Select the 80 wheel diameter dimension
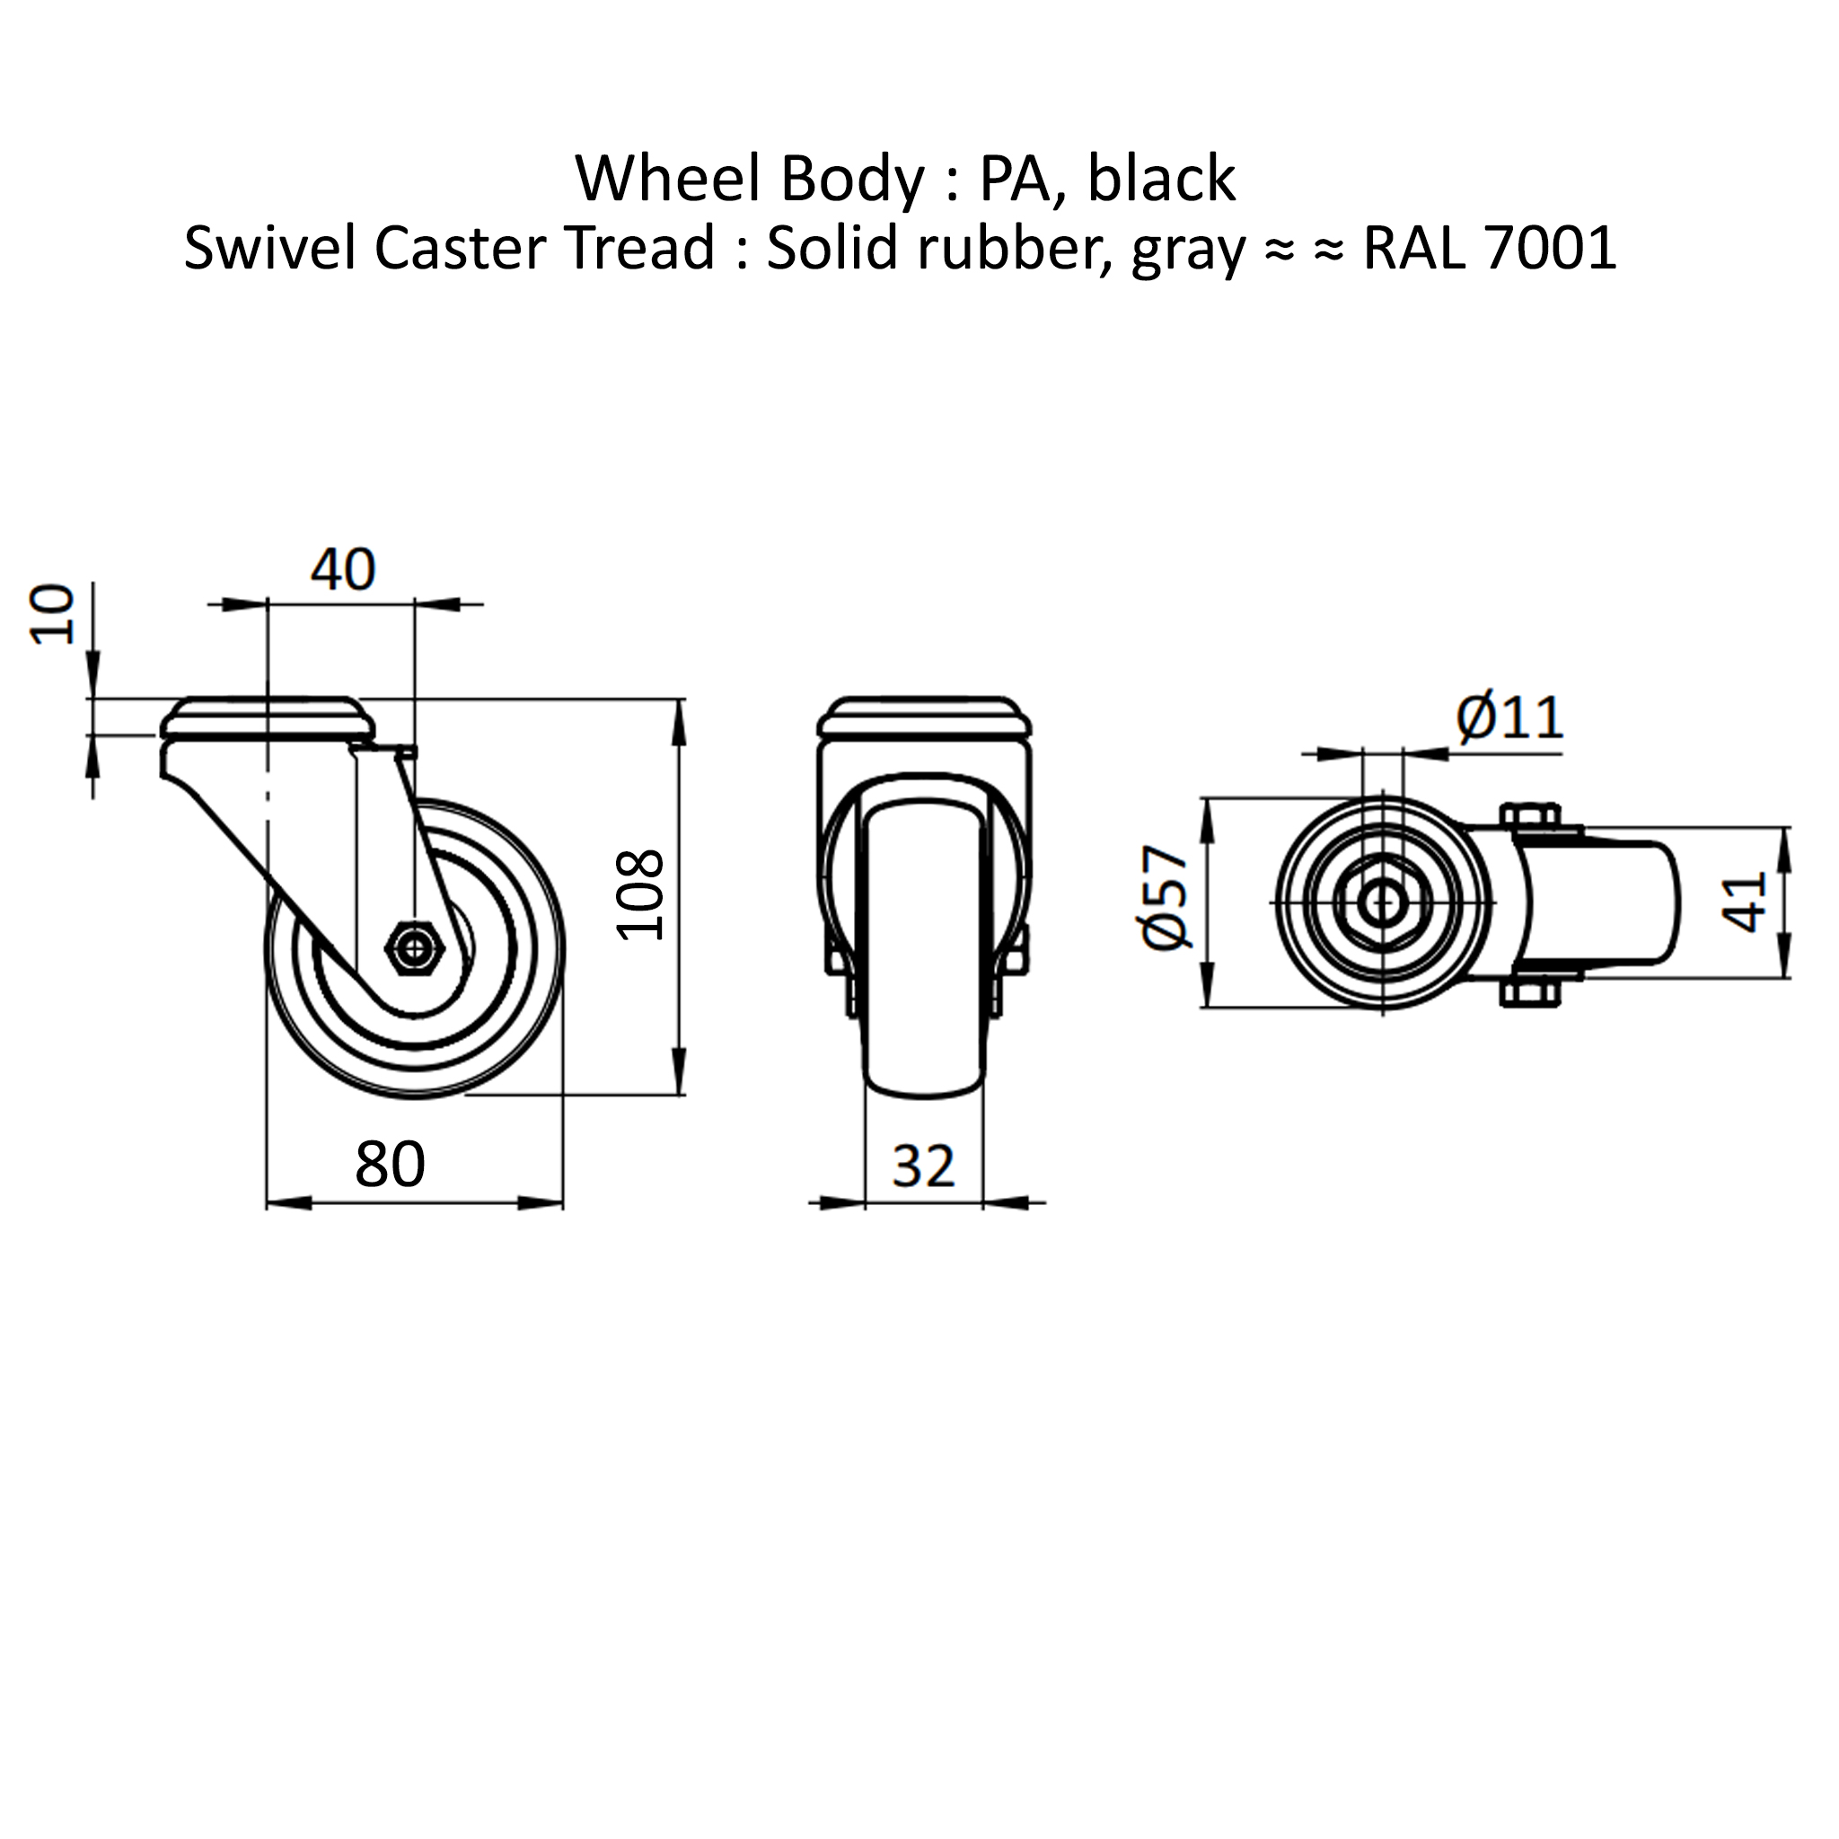[x=391, y=1163]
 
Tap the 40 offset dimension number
[x=343, y=569]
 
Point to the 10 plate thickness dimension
[x=52, y=615]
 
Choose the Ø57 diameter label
[x=1165, y=898]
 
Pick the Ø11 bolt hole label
[x=1509, y=718]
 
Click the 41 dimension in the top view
[x=1744, y=902]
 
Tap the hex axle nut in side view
[x=415, y=947]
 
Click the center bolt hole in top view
[x=1382, y=902]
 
